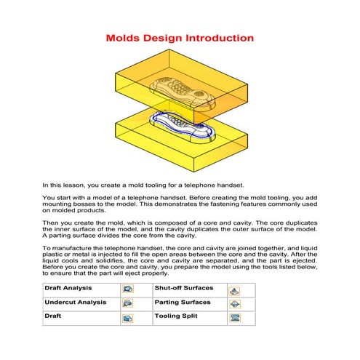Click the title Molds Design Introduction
click(180, 38)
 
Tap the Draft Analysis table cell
click(65, 289)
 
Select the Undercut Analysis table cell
click(72, 303)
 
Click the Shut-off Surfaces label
click(183, 289)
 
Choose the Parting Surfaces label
click(182, 303)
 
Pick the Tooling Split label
click(176, 317)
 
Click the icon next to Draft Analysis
click(128, 289)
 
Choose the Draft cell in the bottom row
click(55, 317)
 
